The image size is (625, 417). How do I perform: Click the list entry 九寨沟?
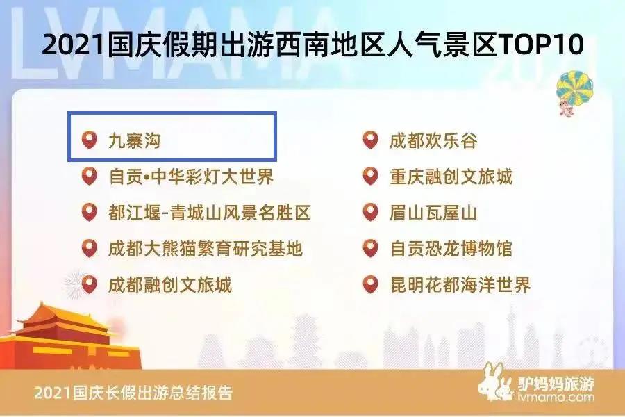[x=135, y=140]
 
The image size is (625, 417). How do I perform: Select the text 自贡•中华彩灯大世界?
[x=191, y=177]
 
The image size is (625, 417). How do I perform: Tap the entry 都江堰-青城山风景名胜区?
[x=209, y=213]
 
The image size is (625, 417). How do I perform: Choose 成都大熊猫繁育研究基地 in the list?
[x=206, y=249]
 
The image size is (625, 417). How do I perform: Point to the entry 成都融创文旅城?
[x=170, y=285]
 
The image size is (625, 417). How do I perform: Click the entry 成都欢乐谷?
[x=433, y=140]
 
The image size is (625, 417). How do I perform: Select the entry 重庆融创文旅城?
[x=451, y=177]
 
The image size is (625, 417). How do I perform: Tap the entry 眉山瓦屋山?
[x=433, y=213]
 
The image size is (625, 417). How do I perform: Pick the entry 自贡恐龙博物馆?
[x=451, y=249]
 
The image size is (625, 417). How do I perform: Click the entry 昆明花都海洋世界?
[x=460, y=285]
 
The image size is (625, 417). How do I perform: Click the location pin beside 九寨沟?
[x=90, y=140]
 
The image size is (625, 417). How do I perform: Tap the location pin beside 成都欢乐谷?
[x=370, y=140]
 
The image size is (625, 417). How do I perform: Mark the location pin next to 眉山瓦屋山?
[x=370, y=212]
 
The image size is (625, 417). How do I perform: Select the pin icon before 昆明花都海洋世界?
[x=370, y=284]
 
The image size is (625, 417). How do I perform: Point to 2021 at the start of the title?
[x=73, y=44]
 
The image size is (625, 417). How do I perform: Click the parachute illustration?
[x=574, y=92]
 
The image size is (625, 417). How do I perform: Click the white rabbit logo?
[x=495, y=382]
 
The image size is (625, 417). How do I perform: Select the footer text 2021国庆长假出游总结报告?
[x=133, y=393]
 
